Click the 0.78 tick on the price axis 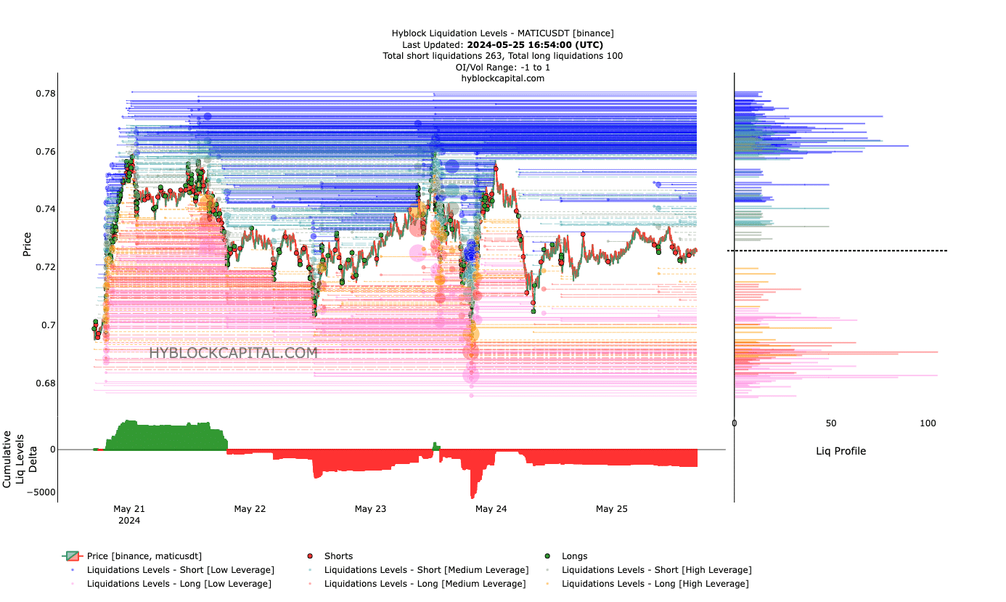[x=45, y=94]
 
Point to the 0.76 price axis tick [x=45, y=152]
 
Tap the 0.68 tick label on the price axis [x=45, y=383]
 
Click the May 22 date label [x=250, y=509]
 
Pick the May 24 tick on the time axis [x=491, y=509]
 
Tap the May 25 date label [x=611, y=509]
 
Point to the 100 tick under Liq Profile [x=928, y=423]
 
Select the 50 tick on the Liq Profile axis [x=831, y=423]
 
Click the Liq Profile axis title [x=841, y=451]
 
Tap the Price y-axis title [x=27, y=244]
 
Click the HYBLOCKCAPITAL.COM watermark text [x=233, y=353]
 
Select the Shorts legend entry [x=338, y=556]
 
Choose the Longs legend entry [x=574, y=556]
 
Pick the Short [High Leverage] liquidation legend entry [x=656, y=570]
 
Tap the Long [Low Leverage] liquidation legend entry [x=179, y=584]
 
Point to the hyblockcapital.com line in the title [x=502, y=78]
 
